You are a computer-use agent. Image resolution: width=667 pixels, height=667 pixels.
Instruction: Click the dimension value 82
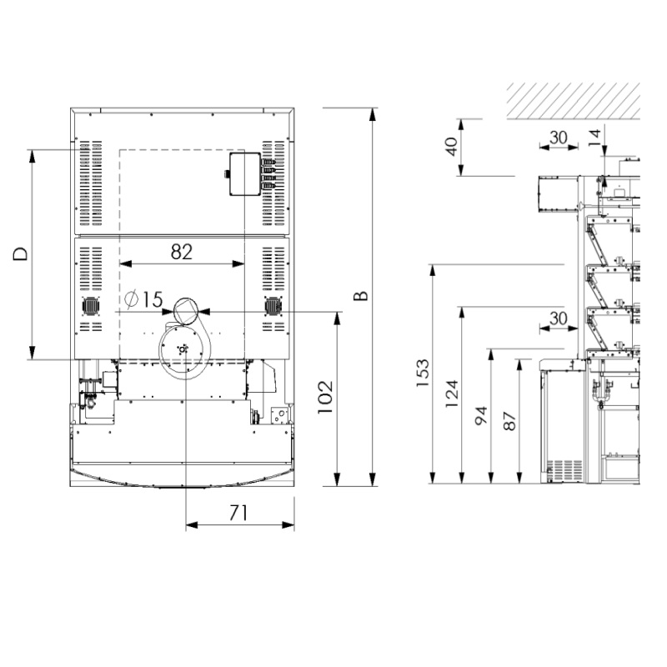click(182, 252)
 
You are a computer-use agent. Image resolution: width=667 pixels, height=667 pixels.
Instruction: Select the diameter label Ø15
click(143, 299)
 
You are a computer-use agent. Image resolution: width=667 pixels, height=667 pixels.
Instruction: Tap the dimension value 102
click(326, 398)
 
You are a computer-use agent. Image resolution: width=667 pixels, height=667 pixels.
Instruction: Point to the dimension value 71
click(238, 513)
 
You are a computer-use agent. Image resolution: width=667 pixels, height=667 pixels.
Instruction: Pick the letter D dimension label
click(20, 254)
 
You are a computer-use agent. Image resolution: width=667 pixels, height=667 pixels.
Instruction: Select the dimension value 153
click(423, 373)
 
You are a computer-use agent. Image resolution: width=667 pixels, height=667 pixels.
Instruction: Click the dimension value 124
click(452, 394)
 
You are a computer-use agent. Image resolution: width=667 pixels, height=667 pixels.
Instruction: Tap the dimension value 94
click(481, 416)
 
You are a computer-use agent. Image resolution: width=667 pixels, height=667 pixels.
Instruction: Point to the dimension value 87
click(509, 421)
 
